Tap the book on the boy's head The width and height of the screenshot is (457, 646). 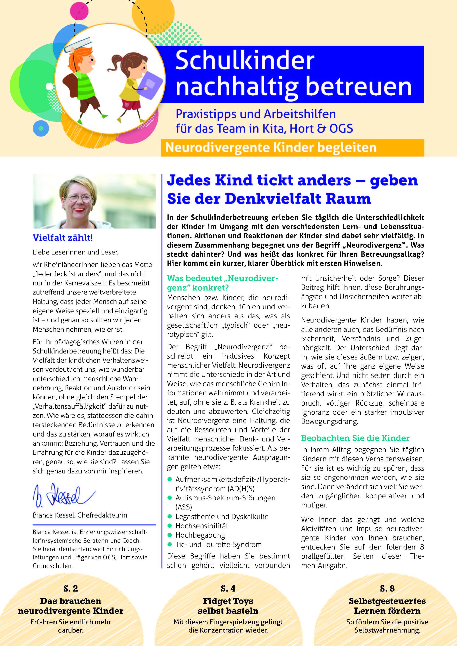[78, 45]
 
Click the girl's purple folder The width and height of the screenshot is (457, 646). [152, 82]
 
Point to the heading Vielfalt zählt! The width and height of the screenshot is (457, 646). [63, 238]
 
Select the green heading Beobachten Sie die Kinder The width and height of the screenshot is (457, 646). [355, 438]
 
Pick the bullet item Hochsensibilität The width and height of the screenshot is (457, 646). [202, 526]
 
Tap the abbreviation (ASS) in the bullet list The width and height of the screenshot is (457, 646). [183, 507]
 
